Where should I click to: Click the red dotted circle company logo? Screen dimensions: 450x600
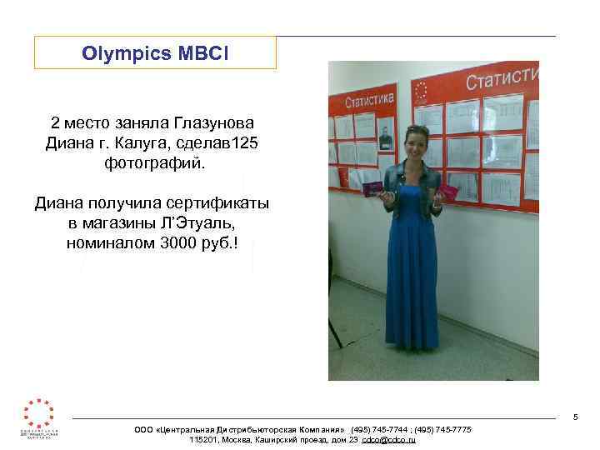39,414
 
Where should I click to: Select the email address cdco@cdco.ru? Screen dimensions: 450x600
388,439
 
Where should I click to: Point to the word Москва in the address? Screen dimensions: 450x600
247,439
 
